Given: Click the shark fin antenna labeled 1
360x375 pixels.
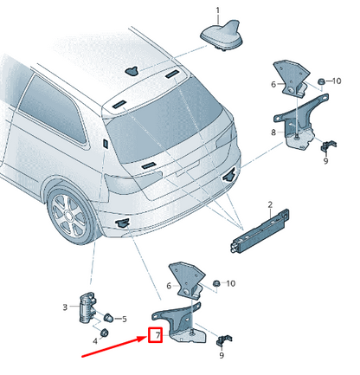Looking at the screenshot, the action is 222,35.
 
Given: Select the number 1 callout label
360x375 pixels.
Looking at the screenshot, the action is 218,10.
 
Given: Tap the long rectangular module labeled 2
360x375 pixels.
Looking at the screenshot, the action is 260,230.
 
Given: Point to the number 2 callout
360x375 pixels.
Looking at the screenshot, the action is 270,204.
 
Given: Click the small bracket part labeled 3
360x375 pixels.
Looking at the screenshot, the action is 87,307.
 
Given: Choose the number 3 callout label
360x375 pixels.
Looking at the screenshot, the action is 65,307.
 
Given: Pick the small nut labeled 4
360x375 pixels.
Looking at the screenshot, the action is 104,333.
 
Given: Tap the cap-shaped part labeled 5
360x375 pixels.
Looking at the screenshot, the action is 109,318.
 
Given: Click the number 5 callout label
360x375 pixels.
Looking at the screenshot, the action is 125,319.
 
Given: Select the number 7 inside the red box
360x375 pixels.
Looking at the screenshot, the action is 157,335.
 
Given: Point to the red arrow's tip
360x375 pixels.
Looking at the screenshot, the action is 148,337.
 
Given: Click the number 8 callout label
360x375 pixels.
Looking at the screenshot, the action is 273,133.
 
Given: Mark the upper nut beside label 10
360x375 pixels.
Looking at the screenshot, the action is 320,81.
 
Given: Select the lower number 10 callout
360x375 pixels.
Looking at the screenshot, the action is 231,283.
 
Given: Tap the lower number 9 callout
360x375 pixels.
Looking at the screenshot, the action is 222,355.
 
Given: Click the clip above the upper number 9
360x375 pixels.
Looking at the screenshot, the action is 328,145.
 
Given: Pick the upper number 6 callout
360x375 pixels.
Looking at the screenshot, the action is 273,84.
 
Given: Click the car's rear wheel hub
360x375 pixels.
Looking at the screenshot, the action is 68,215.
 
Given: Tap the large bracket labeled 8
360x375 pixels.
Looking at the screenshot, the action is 300,123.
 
